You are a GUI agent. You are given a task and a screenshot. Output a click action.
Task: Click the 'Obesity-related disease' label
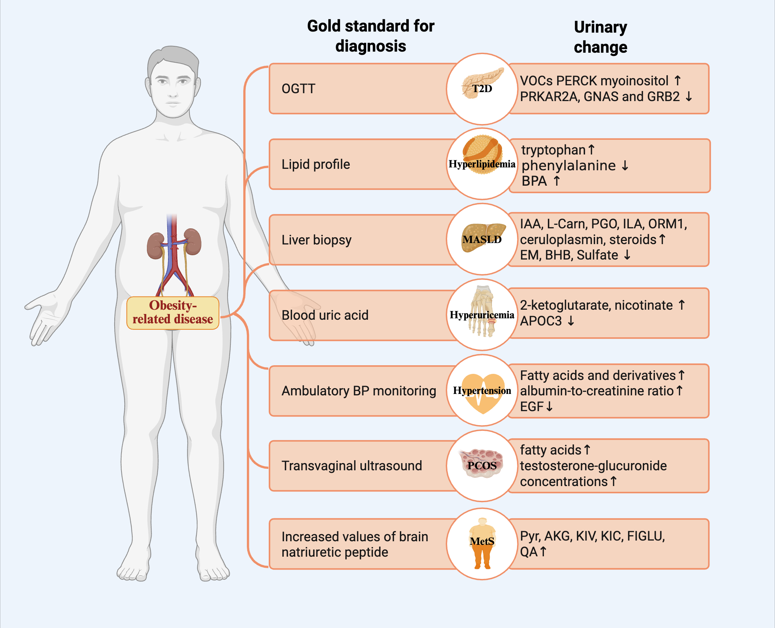[x=173, y=313]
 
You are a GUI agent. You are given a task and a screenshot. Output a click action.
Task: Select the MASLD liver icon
[x=482, y=237]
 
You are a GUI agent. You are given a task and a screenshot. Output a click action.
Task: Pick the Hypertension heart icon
[x=482, y=393]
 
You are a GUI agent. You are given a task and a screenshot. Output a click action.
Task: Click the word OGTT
[x=298, y=89]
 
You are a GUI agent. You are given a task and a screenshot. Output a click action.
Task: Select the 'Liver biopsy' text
[x=316, y=240]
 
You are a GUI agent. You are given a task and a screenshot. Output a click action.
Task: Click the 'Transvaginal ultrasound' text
[x=351, y=466]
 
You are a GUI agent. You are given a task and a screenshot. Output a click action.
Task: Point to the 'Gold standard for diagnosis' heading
[x=371, y=36]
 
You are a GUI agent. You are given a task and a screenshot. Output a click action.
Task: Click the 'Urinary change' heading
[x=600, y=37]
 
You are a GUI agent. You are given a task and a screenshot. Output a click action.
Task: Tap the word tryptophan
[x=553, y=150]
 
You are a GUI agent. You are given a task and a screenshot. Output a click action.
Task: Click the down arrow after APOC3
[x=571, y=321]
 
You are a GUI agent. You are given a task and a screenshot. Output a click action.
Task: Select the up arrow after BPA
[x=557, y=181]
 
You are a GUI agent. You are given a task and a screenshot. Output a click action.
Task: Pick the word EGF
[x=531, y=407]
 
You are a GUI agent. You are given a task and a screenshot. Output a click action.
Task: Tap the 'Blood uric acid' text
[x=325, y=315]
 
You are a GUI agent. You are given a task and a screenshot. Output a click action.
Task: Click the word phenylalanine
[x=569, y=166]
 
